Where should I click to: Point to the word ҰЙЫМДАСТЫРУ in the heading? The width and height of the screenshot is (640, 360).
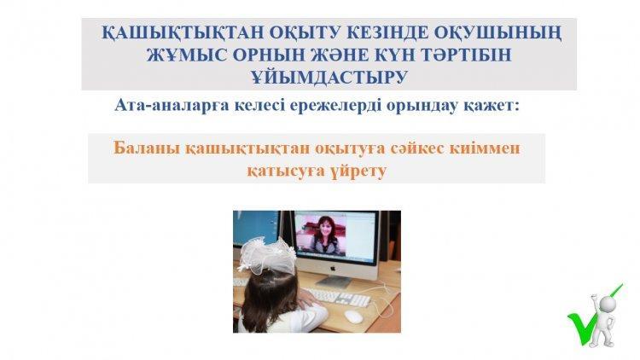point(329,77)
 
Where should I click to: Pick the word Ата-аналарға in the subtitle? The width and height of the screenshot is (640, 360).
point(172,105)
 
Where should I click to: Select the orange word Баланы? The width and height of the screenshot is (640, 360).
point(147,148)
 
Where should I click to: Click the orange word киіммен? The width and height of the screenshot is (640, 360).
point(485,148)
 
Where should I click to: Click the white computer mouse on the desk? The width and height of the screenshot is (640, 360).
point(353,316)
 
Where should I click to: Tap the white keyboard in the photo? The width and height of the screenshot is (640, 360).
point(337,296)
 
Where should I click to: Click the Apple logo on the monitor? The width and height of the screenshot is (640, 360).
point(333,269)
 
